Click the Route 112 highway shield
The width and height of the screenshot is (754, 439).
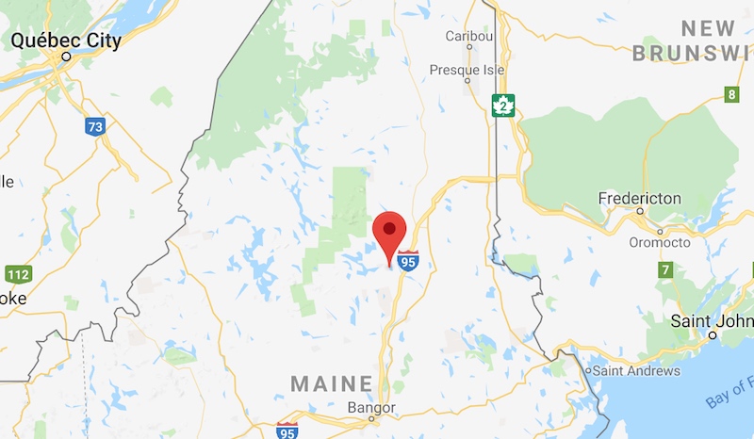(x=17, y=275)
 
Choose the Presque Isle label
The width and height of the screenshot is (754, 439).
(x=467, y=70)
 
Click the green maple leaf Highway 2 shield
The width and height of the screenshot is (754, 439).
(x=505, y=106)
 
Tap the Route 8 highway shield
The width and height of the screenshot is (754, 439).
(x=730, y=93)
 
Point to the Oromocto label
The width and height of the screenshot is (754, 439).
(x=658, y=242)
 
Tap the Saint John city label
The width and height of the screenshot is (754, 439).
(x=711, y=320)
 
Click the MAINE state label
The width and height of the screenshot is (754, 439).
(x=332, y=383)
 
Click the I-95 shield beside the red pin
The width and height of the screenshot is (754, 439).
(x=407, y=261)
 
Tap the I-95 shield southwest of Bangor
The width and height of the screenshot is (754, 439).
(x=287, y=431)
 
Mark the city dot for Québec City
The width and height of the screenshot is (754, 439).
(x=66, y=57)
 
